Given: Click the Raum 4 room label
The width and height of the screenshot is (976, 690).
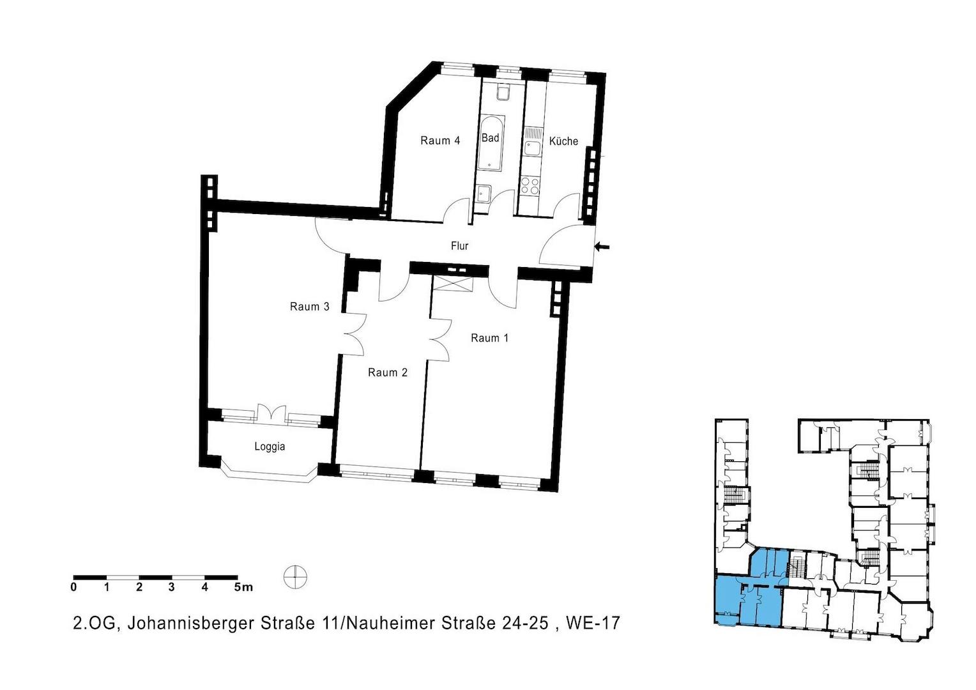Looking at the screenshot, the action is click(x=440, y=141).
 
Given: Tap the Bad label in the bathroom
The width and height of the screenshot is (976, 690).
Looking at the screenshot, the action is click(x=490, y=138).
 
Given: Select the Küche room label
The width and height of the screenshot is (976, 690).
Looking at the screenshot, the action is click(x=563, y=141).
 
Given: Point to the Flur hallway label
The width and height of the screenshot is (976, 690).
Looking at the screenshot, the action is click(x=460, y=246).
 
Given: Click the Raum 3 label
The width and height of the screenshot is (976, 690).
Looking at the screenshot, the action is click(x=309, y=307).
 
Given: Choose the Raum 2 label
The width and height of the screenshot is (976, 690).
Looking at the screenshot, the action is click(x=387, y=372).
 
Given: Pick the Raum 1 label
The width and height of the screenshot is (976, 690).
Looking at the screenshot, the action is click(x=490, y=338).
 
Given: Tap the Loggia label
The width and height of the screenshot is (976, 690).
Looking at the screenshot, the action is click(x=270, y=447).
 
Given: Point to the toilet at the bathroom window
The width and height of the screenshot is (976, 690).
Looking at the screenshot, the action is click(x=504, y=93).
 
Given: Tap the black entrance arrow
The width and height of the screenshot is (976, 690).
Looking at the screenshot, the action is click(x=602, y=247).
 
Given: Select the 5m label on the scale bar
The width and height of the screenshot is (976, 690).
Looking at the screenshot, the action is click(x=243, y=587).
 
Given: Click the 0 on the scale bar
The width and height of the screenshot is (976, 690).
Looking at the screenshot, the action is click(x=73, y=587).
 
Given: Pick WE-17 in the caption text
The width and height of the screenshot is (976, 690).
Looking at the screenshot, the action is click(x=593, y=623).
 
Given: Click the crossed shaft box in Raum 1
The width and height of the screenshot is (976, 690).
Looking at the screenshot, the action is click(x=453, y=284).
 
